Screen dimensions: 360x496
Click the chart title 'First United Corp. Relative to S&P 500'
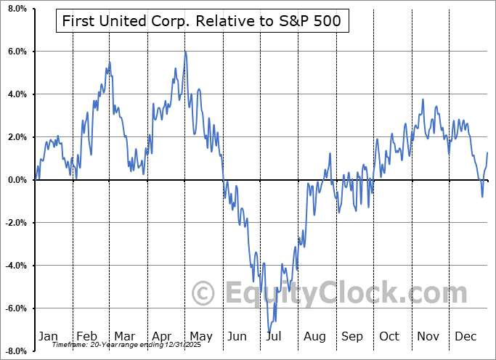[x=203, y=22]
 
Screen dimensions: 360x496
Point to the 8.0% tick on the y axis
[x=15, y=9]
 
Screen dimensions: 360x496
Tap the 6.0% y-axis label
[x=15, y=52]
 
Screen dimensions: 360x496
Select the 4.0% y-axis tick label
[x=15, y=94]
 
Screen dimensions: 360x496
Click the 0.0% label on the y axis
[x=15, y=180]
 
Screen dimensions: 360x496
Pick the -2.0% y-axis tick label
[x=14, y=223]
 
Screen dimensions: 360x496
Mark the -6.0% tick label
[x=14, y=308]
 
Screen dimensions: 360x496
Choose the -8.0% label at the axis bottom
[x=14, y=351]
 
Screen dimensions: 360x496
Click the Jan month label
[x=47, y=336]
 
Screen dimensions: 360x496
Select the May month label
[x=200, y=336]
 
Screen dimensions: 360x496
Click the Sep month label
[x=352, y=336]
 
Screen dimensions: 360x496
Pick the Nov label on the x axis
[x=428, y=336]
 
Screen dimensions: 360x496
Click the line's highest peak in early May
[x=186, y=52]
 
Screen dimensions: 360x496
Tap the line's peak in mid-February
[x=109, y=62]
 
